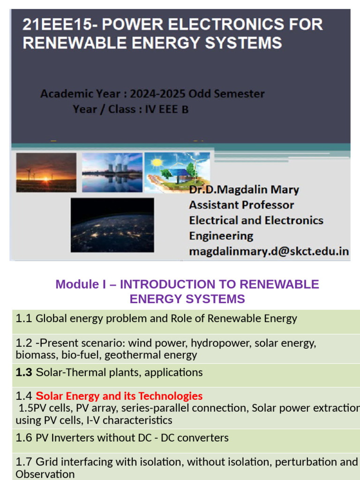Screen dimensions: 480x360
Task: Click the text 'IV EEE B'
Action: [165, 110]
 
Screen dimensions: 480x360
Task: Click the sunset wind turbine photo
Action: [46, 172]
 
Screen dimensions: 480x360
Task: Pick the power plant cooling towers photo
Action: [112, 172]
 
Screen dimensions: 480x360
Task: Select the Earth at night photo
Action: [112, 225]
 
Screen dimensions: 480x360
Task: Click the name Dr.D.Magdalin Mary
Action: [244, 190]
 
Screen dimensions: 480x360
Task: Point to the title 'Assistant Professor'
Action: [241, 205]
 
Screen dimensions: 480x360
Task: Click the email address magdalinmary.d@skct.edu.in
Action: [269, 251]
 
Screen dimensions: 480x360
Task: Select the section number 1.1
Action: [23, 319]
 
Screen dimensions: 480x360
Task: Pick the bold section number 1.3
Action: [23, 373]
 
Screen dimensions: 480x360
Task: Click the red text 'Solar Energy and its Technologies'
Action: [119, 396]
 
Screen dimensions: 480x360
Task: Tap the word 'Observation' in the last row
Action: [45, 474]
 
